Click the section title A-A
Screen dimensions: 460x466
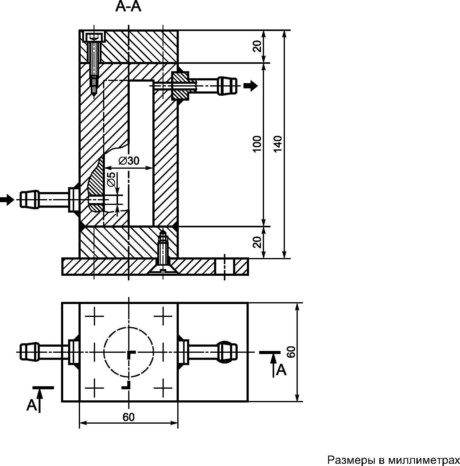128,7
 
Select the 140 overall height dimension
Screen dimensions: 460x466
277,144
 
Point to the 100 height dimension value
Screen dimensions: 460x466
257,144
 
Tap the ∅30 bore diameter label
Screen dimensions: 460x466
129,160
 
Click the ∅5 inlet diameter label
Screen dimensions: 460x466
112,179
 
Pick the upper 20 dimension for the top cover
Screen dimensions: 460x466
258,46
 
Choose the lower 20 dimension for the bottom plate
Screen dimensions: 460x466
258,242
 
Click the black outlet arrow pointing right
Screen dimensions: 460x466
251,86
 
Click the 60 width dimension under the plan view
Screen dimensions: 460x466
128,417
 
